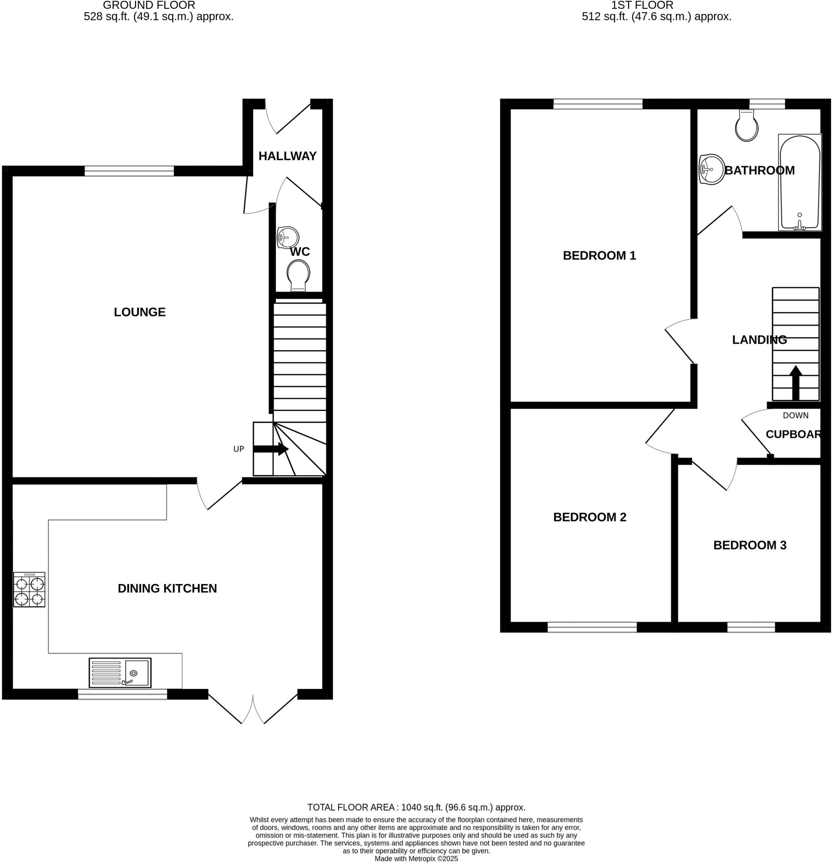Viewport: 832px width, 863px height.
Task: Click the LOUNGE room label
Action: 139,312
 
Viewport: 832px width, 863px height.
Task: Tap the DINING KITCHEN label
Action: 167,588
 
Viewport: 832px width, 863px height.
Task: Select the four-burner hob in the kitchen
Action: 29,590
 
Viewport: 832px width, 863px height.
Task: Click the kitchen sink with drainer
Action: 120,673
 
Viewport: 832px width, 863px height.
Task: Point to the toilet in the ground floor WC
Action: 298,275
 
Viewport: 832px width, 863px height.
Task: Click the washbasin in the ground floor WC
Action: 287,238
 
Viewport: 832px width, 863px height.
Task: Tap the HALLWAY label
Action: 287,156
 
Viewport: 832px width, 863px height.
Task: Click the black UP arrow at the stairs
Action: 271,449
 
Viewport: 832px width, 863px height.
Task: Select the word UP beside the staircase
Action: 238,449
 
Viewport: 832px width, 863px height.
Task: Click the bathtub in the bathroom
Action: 800,182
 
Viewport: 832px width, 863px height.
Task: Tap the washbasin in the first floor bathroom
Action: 712,169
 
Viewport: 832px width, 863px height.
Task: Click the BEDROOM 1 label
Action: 599,255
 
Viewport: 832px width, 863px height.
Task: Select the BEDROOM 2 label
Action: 589,517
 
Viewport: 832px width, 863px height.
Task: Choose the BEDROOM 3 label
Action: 750,545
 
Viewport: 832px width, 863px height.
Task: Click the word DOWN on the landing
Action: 795,415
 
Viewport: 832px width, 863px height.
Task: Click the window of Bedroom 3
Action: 751,627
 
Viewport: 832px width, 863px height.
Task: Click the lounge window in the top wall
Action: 129,171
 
